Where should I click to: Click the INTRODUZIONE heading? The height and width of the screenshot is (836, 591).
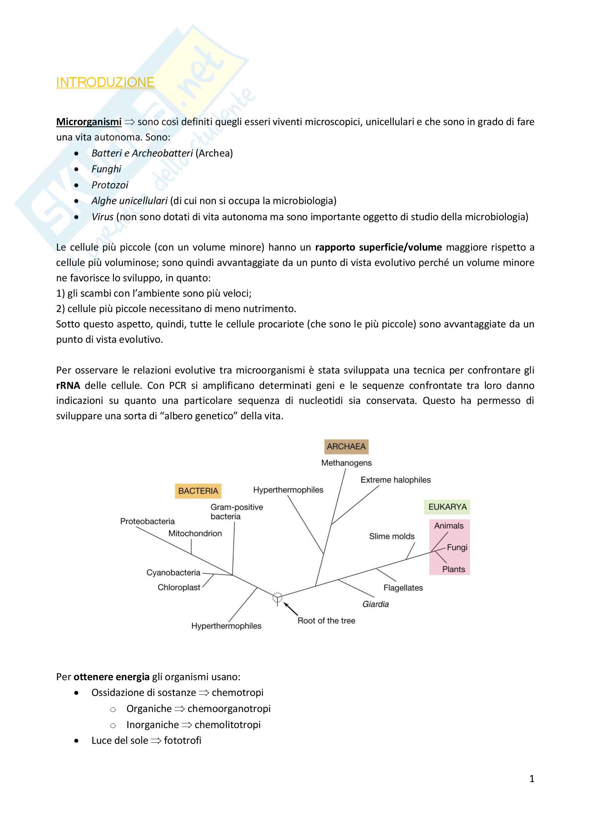pos(105,83)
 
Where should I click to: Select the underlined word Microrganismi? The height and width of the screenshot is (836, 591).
pos(89,122)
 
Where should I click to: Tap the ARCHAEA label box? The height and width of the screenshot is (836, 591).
pos(346,446)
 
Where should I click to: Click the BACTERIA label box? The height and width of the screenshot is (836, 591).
pos(198,491)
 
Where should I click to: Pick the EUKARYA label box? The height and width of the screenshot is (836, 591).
pos(447,507)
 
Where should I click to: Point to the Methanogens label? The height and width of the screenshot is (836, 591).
pos(346,463)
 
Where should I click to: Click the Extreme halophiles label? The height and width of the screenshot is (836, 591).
pos(395,480)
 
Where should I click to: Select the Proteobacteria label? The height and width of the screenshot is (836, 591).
pos(147,521)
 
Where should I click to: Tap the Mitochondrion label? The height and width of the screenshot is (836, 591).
pos(195,533)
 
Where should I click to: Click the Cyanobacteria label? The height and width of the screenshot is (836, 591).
pos(173,572)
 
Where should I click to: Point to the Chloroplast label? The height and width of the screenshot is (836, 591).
pos(179,587)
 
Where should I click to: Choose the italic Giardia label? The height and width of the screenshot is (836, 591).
pos(375,604)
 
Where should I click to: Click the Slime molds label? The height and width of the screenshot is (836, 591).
pos(392,536)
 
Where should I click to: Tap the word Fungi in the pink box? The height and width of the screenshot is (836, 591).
pos(457,547)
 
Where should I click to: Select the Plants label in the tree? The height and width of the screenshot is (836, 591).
pos(453,569)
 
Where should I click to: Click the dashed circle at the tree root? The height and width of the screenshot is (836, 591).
pos(277,598)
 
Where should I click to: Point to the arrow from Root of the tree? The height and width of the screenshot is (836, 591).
pos(291,609)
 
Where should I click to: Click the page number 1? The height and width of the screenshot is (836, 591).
pos(532,778)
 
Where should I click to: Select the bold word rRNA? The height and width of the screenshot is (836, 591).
pos(68,386)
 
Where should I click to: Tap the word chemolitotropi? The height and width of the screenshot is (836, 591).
pos(228,724)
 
